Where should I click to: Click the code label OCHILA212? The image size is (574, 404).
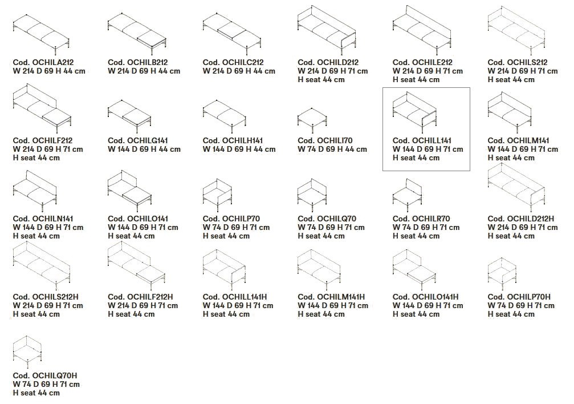43,63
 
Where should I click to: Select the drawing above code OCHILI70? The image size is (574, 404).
312,120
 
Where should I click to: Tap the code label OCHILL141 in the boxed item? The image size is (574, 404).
422,141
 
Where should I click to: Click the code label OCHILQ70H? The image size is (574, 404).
45,376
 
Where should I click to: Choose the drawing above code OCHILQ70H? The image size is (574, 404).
27,352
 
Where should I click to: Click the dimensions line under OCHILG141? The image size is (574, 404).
144,150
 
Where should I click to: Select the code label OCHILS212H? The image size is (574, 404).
46,297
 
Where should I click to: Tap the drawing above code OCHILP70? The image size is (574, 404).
217,192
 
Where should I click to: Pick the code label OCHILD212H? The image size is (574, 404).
521,219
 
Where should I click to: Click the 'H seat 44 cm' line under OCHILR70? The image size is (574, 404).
416,236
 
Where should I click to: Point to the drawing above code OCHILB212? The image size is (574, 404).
137,32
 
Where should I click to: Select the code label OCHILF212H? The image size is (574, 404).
141,297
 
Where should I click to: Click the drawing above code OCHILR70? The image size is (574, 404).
407,192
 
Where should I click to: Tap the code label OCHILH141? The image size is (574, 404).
233,141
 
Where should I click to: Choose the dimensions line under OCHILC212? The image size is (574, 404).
239,71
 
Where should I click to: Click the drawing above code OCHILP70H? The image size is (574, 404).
502,271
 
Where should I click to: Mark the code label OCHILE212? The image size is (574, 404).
422,63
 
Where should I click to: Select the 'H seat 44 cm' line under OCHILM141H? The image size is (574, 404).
321,314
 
